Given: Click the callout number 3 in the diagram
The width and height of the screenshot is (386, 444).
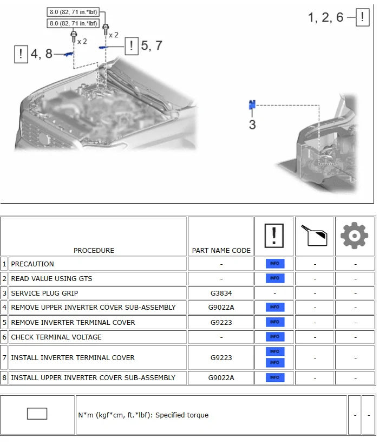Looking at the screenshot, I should click(x=252, y=125).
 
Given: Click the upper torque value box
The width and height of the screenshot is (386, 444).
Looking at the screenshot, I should click(x=74, y=12).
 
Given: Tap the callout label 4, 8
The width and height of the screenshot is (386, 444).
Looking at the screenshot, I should click(x=41, y=54).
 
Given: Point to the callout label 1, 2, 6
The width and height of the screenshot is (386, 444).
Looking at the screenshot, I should click(x=325, y=17).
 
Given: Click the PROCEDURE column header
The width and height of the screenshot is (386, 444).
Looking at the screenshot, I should click(x=94, y=250).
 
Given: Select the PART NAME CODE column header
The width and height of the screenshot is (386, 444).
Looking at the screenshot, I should click(x=221, y=250).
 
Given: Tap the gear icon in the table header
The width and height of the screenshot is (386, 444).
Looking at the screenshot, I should click(x=355, y=236).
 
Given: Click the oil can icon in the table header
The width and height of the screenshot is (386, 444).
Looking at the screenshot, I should click(x=315, y=236).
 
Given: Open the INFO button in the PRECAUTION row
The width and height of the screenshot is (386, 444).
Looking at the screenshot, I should click(x=274, y=264).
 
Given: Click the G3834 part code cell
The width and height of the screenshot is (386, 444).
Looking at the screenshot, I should click(x=221, y=293).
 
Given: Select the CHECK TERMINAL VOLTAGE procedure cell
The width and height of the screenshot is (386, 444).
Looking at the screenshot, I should click(x=56, y=337).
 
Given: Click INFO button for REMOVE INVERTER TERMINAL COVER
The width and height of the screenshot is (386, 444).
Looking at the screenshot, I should click(x=274, y=322).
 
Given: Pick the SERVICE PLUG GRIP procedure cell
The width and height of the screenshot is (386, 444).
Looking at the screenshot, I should click(x=44, y=293).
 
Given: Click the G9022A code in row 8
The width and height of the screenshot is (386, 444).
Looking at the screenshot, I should click(x=221, y=377).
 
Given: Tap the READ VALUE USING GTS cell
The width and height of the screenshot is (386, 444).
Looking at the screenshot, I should click(x=51, y=278).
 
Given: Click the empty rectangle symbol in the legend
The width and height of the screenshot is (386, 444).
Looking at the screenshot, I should click(x=37, y=414).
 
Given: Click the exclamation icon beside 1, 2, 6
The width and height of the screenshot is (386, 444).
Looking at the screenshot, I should click(x=362, y=18).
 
